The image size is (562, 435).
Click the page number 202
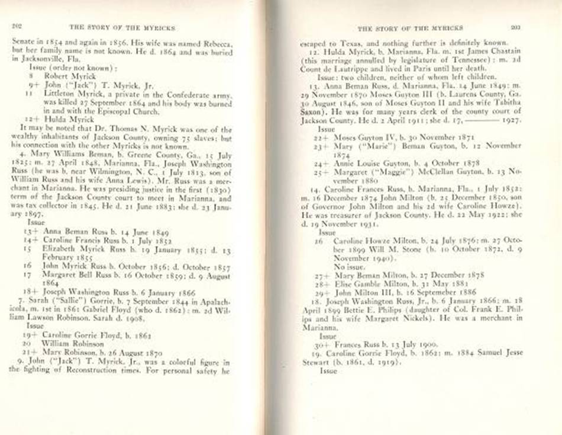pos(17,27)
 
